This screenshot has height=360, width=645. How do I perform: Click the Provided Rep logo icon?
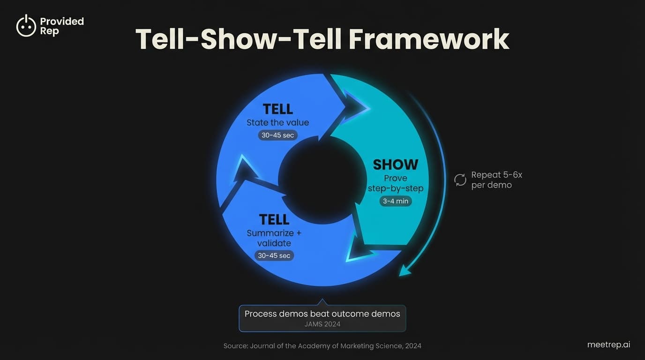[26, 26]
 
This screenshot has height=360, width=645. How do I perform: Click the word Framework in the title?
[429, 39]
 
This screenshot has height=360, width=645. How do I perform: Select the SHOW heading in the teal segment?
[395, 165]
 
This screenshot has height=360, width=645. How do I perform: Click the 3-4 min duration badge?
[395, 201]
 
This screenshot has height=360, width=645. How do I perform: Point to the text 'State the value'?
[277, 123]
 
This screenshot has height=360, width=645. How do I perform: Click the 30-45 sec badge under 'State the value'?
[277, 135]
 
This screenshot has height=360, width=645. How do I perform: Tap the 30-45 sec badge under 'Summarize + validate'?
[274, 255]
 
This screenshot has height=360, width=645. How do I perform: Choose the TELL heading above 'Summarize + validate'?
[274, 219]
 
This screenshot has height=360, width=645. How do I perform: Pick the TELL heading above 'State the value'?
[277, 109]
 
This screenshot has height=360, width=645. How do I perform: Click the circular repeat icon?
[460, 180]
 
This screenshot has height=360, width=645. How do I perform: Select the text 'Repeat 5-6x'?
[496, 175]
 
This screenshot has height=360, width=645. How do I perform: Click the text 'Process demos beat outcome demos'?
[322, 314]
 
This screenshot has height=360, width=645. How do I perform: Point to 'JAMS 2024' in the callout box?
[322, 324]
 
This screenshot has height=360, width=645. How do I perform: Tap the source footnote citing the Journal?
[322, 346]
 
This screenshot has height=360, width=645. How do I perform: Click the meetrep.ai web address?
[608, 345]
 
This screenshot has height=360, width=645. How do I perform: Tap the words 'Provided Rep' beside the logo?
[61, 26]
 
